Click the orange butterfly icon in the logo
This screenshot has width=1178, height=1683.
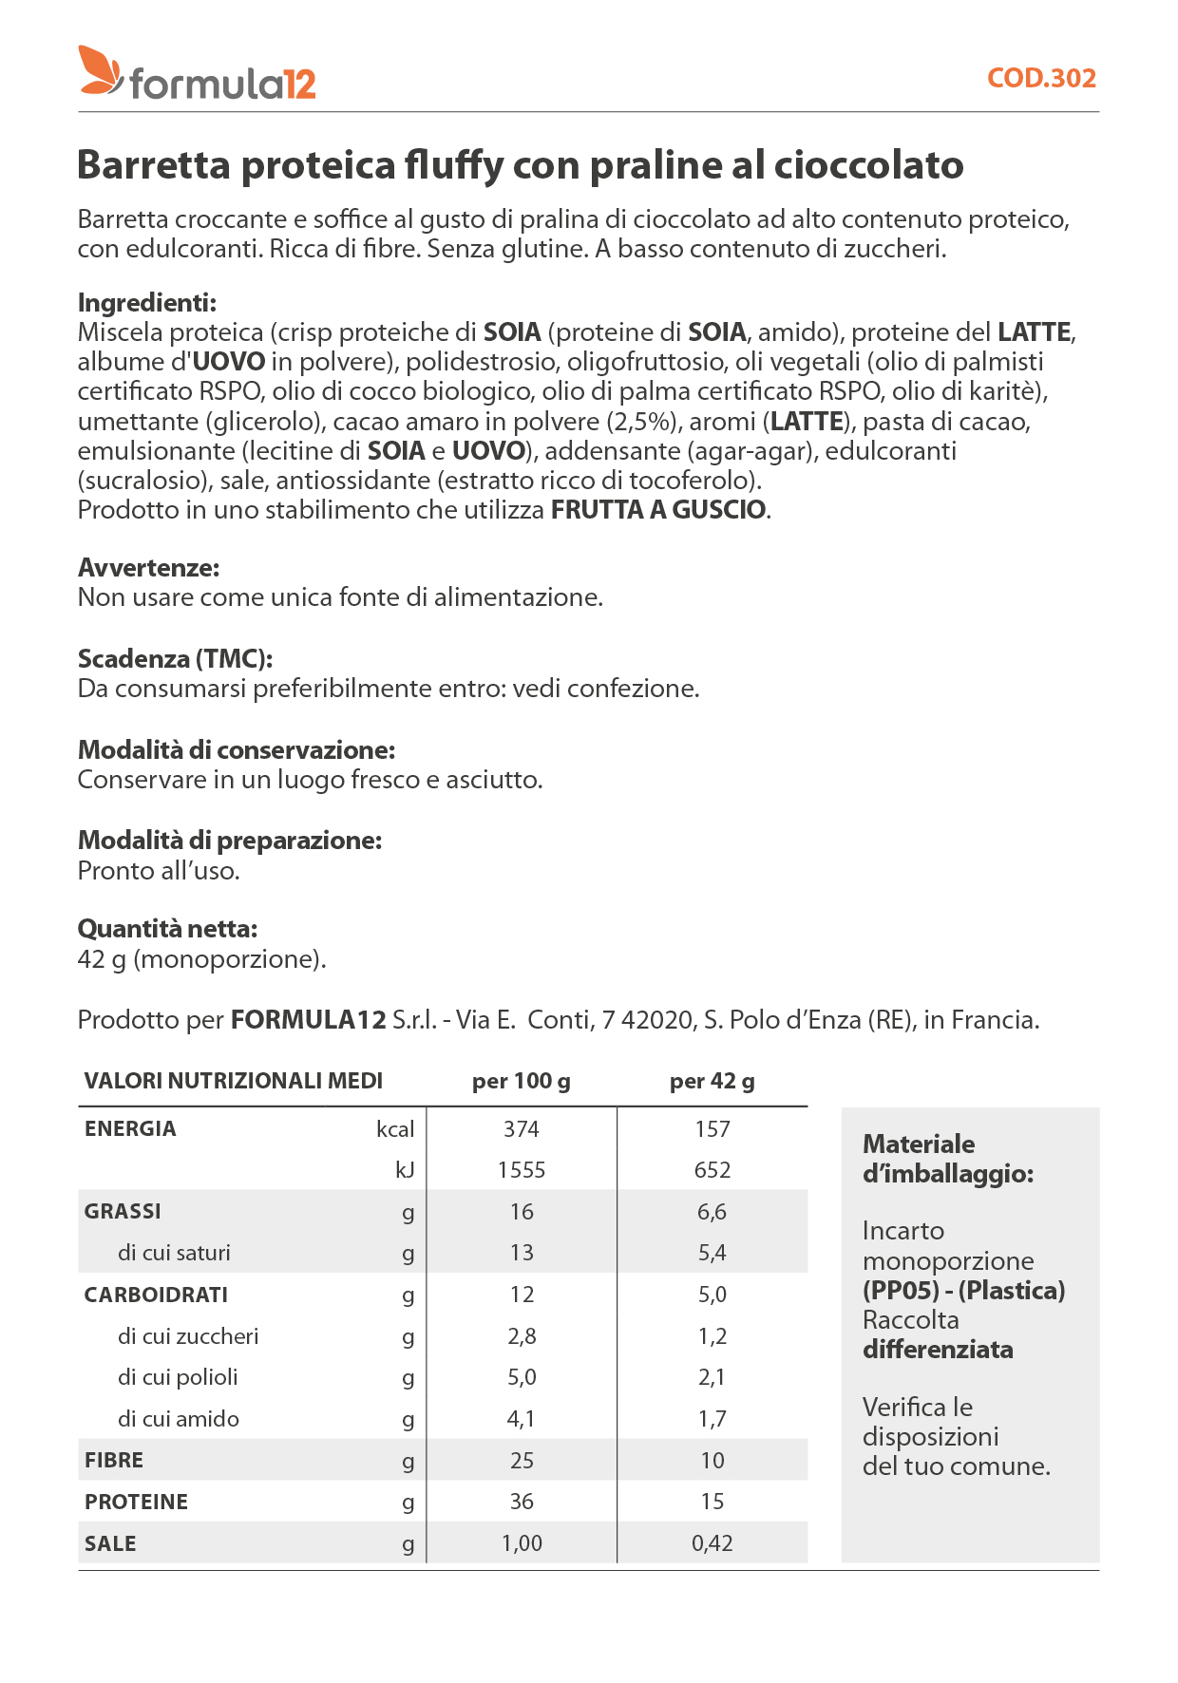pyautogui.click(x=100, y=70)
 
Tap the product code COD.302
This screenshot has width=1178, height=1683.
pyautogui.click(x=1041, y=78)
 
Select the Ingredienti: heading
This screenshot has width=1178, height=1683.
pyautogui.click(x=147, y=303)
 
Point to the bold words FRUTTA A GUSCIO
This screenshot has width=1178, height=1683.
pyautogui.click(x=658, y=510)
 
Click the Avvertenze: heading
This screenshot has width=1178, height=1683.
pyautogui.click(x=148, y=568)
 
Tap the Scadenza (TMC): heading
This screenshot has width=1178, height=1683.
pyautogui.click(x=175, y=659)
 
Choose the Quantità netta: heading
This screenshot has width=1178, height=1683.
pyautogui.click(x=167, y=929)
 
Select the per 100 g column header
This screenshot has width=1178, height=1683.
pyautogui.click(x=521, y=1081)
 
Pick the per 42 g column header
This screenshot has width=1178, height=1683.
pyautogui.click(x=712, y=1081)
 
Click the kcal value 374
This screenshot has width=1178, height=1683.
pyautogui.click(x=521, y=1129)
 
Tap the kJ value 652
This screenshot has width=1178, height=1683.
pyautogui.click(x=712, y=1170)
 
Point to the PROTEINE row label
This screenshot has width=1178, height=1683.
pyautogui.click(x=136, y=1502)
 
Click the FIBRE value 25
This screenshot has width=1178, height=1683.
pyautogui.click(x=522, y=1461)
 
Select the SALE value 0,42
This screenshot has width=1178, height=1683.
pyautogui.click(x=712, y=1543)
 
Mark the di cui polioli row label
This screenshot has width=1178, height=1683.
pyautogui.click(x=178, y=1377)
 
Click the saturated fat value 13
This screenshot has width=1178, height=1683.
pyautogui.click(x=522, y=1253)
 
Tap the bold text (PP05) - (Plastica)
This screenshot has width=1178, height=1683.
pyautogui.click(x=963, y=1291)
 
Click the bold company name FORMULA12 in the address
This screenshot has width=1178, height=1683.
pyautogui.click(x=308, y=1020)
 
